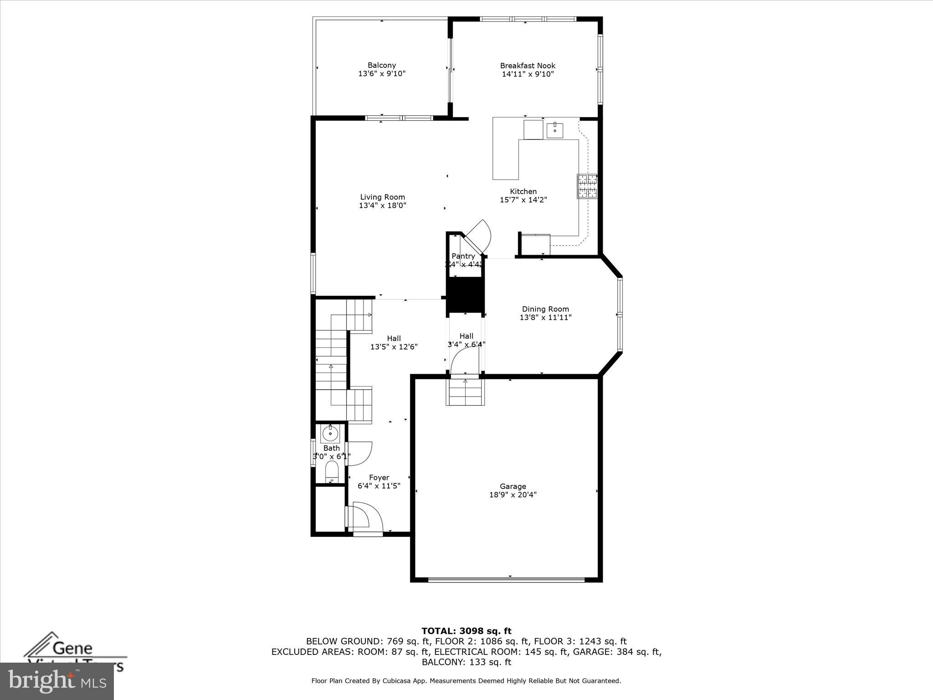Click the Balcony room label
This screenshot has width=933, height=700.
(382, 66)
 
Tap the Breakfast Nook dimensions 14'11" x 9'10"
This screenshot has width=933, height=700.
(528, 74)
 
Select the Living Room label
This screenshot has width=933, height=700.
(382, 197)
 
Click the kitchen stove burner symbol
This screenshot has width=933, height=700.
(587, 186)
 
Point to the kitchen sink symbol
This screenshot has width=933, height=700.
(555, 130)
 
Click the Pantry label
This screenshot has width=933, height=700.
(463, 256)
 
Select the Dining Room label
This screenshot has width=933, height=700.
(545, 309)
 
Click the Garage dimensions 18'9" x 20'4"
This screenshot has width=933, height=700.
(513, 494)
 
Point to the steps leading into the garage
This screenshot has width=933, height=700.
(465, 392)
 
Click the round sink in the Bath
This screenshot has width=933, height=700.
(330, 433)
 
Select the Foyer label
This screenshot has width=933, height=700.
(379, 478)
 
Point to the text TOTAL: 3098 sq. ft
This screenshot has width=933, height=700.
(466, 631)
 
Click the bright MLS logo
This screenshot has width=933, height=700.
(57, 681)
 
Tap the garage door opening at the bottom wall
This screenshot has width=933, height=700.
(506, 580)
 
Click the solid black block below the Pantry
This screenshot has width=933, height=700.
(465, 295)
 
